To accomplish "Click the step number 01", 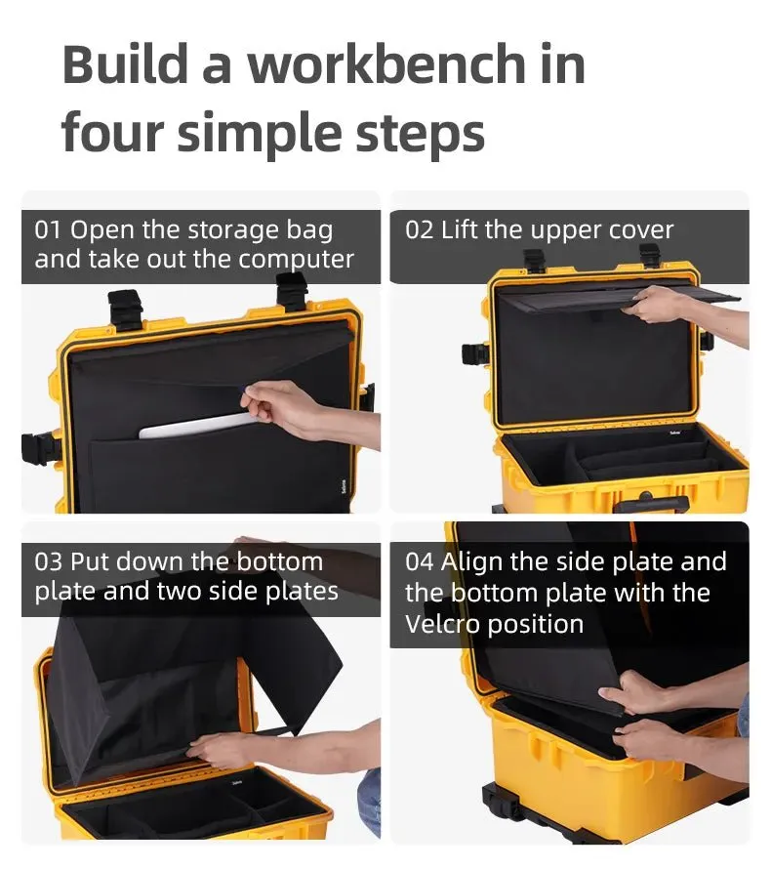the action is [x=48, y=230].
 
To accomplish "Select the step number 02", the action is [x=419, y=230].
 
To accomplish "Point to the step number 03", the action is [x=48, y=562].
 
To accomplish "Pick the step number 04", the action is [x=419, y=562].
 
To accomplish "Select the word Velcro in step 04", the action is [x=442, y=624].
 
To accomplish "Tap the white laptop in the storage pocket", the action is [x=196, y=425].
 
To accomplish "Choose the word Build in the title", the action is [x=125, y=64].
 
